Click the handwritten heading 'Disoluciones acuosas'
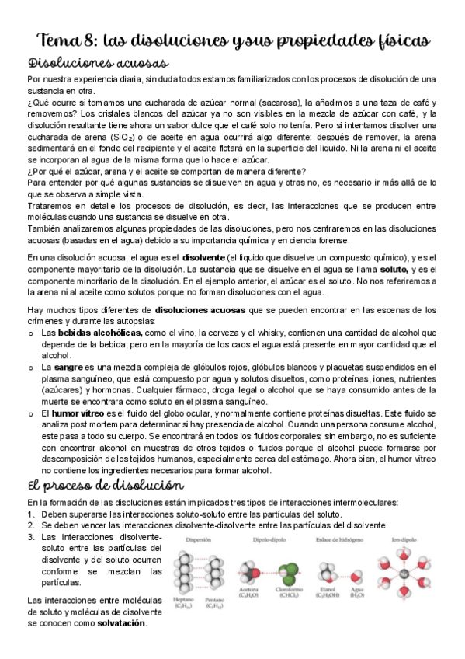click(98, 63)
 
